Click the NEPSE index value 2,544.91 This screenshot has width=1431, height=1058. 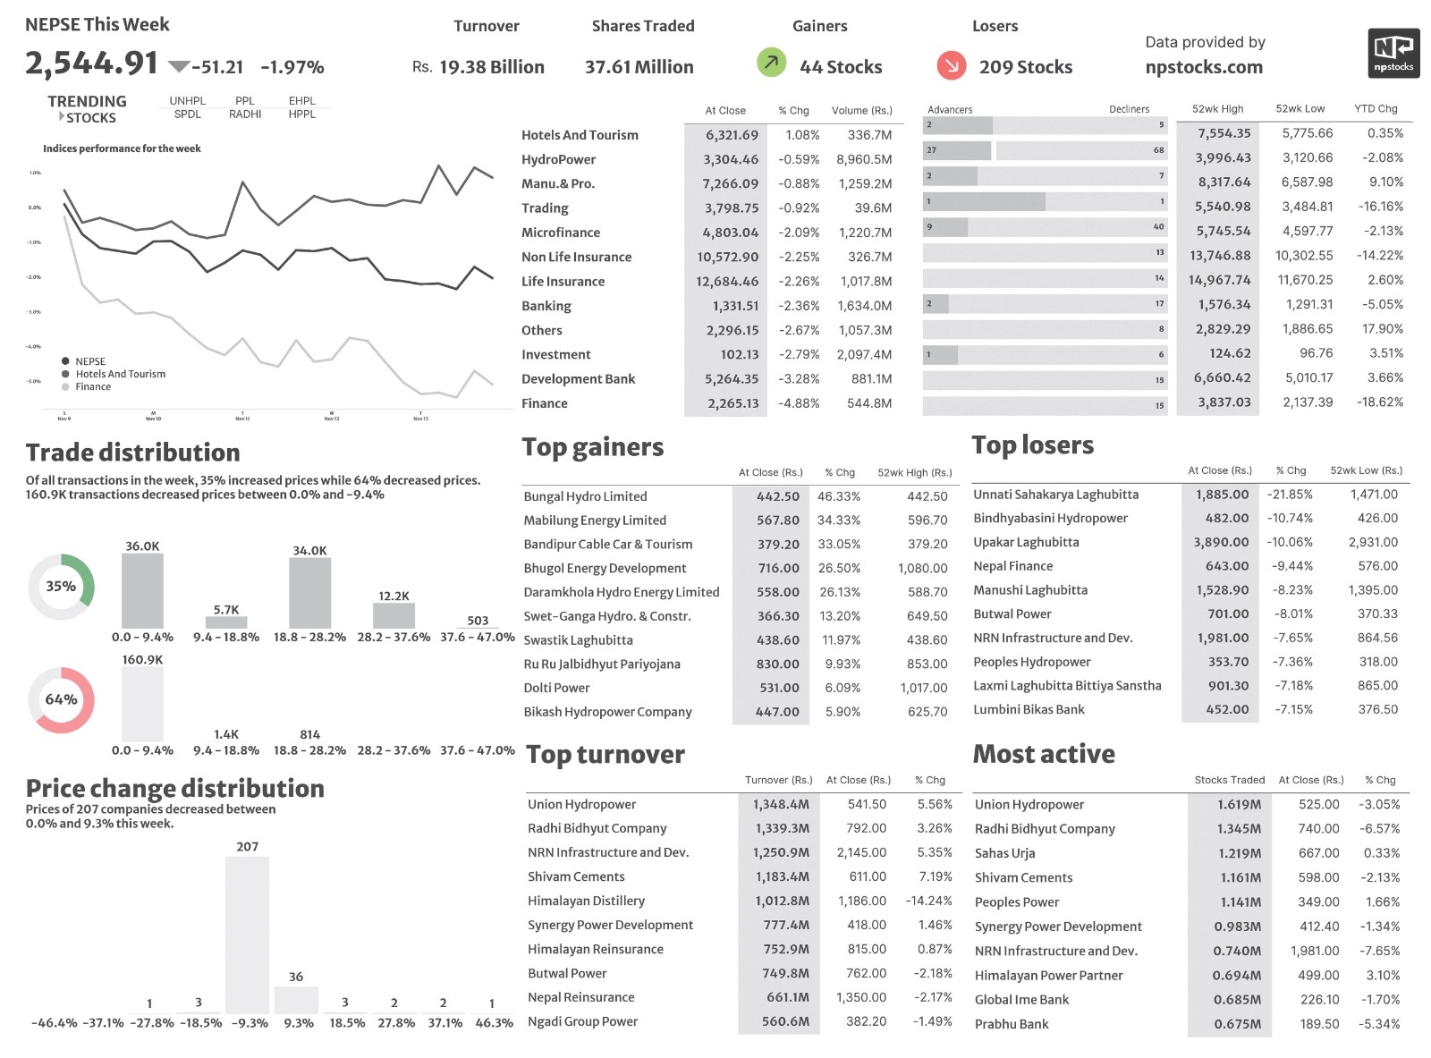coord(91,63)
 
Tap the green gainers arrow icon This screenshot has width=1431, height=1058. coord(771,63)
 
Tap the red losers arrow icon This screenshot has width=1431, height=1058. coord(952,65)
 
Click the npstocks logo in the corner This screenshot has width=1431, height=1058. coord(1393,54)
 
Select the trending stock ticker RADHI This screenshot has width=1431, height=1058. coord(245,114)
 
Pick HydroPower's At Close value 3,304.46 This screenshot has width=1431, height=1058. coord(731,159)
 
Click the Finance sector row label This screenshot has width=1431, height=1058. coord(545,403)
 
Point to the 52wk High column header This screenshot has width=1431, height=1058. coord(1217,109)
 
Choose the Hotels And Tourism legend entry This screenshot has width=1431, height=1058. coord(120,374)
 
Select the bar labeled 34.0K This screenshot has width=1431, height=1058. coord(309,593)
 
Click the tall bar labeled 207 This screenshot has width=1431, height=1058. coord(248,935)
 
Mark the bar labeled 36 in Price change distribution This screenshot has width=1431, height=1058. coord(296,1000)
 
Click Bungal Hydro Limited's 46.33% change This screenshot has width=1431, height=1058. coord(838,496)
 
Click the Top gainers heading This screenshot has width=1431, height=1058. coord(593,447)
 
